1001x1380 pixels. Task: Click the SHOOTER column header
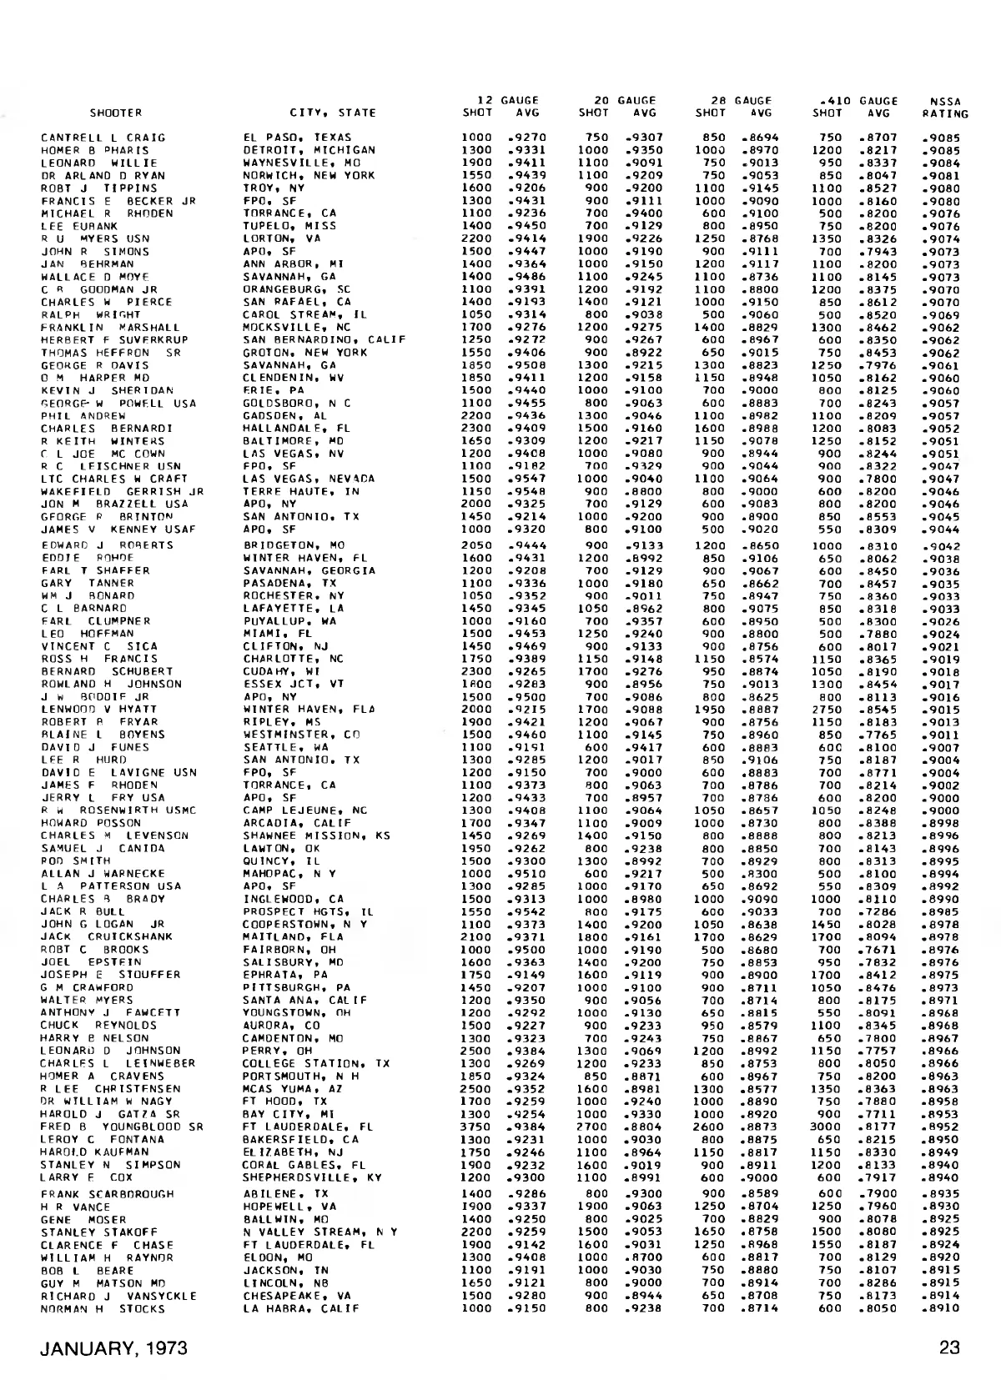[116, 113]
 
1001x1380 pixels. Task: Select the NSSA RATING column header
[945, 108]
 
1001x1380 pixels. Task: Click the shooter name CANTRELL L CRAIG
[103, 138]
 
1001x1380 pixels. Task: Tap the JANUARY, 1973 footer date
[115, 1348]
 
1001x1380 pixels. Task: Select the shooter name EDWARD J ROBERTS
[107, 545]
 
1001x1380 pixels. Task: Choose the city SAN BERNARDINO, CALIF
[324, 340]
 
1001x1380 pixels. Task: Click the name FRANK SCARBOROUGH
[108, 1194]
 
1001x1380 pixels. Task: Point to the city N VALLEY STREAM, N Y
[320, 1232]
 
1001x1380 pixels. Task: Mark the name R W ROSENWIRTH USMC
[118, 810]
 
